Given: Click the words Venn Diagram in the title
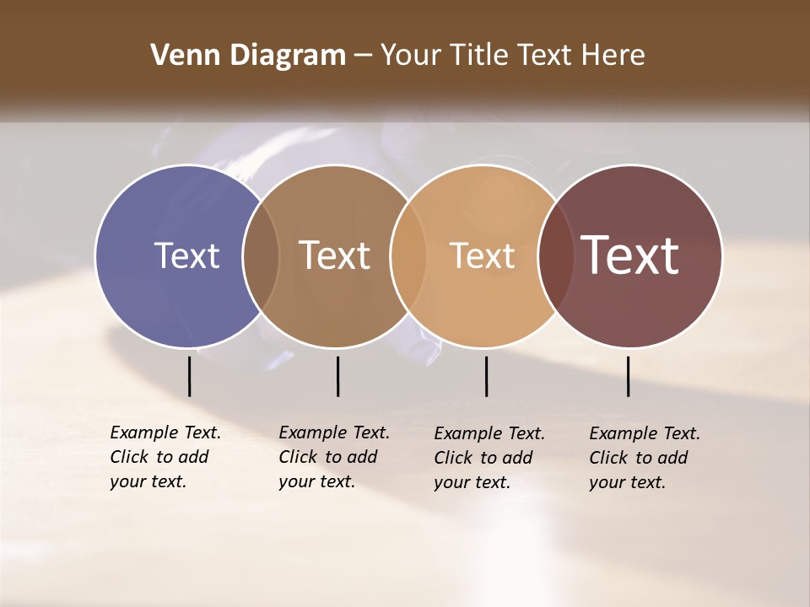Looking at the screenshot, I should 248,56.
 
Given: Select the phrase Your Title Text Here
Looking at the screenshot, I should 512,56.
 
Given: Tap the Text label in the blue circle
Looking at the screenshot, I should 186,255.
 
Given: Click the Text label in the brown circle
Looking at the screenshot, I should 335,255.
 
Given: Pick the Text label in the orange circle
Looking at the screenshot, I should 482,255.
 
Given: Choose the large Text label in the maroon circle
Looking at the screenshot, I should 630,255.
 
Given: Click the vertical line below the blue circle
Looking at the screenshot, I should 189,376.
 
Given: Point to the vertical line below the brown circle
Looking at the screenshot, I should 337,376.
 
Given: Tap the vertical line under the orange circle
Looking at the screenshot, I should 486,376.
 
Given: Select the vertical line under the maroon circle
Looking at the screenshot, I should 628,376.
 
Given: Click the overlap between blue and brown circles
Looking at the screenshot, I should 261,255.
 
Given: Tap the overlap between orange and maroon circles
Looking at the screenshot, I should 555,255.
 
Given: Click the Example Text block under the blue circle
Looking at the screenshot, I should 165,457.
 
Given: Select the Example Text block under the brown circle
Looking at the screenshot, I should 334,457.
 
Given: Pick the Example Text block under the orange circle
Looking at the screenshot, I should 489,458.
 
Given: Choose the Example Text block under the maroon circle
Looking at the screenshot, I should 645,458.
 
